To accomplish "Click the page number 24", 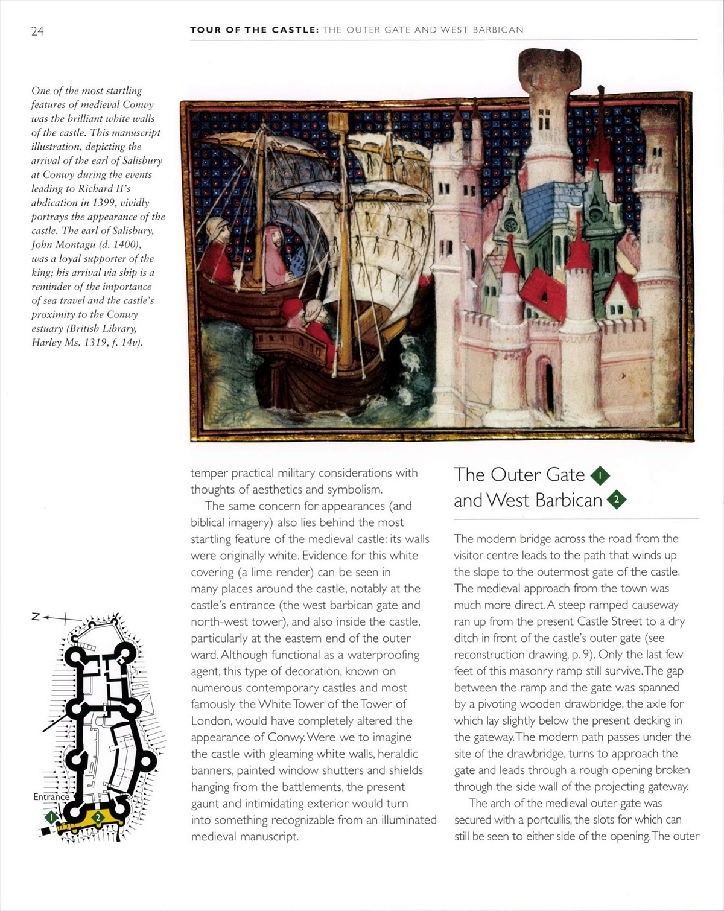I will point(37,31).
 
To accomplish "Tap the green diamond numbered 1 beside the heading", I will point(600,476).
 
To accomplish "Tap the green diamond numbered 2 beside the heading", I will point(616,500).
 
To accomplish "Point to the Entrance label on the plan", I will point(51,796).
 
